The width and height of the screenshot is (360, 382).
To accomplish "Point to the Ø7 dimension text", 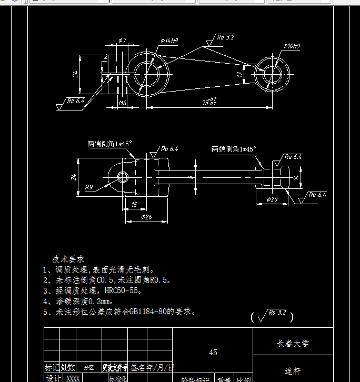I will [122, 40].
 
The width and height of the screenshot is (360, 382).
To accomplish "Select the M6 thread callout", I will [122, 103].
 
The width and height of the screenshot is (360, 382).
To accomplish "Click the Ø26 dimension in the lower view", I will [146, 217].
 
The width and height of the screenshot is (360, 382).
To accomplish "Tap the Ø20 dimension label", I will [272, 199].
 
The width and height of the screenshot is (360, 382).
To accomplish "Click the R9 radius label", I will [89, 187].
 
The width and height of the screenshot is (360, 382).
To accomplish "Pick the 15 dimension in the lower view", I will [134, 204].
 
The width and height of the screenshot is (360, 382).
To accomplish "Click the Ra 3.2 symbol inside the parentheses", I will [277, 313].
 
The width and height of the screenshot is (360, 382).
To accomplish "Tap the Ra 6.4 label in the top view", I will [75, 100].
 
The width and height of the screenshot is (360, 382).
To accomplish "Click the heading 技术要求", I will [68, 259].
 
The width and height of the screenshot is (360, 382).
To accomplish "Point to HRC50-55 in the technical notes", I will [123, 290].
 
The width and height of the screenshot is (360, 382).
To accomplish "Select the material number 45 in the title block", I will [213, 353].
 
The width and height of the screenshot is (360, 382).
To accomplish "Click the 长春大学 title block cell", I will [293, 344].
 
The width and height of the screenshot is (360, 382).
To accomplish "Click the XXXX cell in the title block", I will [73, 378].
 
